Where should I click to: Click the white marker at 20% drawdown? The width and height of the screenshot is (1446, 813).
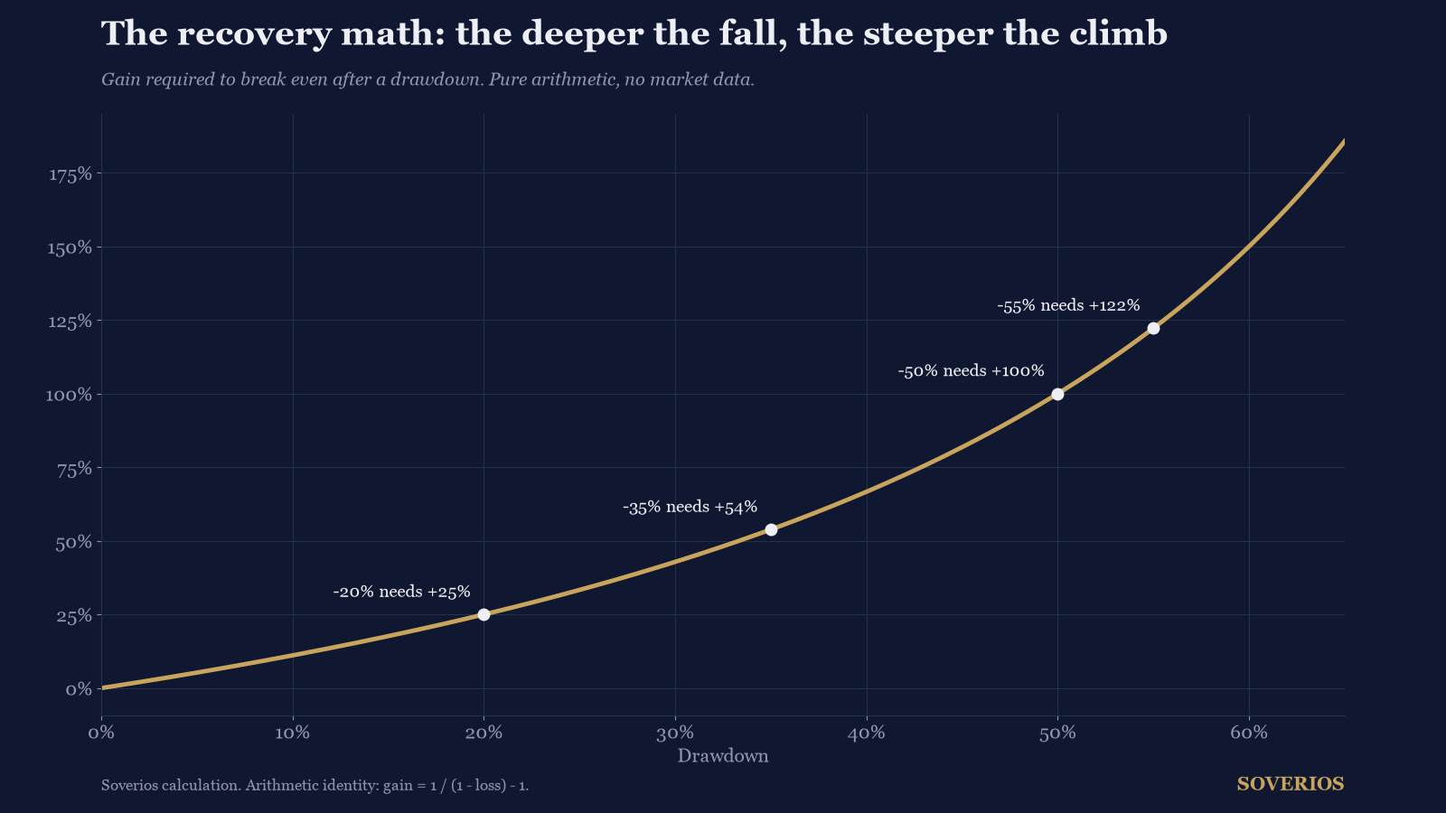(484, 615)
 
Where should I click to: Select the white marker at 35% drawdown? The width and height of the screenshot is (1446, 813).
(771, 529)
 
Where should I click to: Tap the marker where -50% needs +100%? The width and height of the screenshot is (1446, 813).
(1057, 394)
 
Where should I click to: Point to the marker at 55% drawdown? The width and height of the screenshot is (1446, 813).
(1153, 329)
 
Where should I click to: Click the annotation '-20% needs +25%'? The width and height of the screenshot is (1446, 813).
(401, 592)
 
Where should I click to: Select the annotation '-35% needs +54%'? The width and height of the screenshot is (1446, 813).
(690, 507)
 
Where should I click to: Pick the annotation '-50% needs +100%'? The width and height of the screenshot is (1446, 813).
(971, 371)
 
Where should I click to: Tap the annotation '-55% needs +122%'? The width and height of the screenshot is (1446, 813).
(1068, 306)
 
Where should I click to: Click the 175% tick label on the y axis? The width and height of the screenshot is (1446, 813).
(70, 173)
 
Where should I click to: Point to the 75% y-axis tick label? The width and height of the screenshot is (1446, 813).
(74, 469)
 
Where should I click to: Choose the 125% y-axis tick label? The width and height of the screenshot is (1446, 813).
(70, 322)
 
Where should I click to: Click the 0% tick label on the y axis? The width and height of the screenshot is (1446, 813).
(79, 689)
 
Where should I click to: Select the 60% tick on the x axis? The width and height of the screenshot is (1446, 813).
(1249, 733)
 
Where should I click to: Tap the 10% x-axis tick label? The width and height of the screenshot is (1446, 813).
(293, 733)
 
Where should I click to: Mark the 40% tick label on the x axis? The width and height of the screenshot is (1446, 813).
(867, 733)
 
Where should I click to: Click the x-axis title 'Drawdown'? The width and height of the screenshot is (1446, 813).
(723, 756)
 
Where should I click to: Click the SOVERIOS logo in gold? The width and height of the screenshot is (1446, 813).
(1291, 784)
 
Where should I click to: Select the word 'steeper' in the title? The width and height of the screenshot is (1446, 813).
(927, 33)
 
